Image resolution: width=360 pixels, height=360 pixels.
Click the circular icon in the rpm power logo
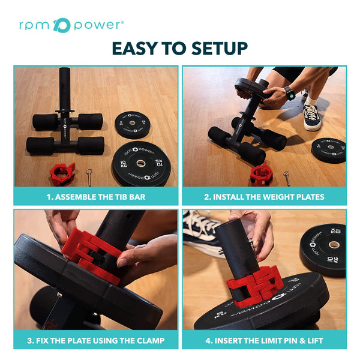[62, 25]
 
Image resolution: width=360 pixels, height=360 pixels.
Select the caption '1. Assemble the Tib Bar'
[96, 197]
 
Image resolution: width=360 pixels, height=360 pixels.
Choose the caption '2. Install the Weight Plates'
[264, 197]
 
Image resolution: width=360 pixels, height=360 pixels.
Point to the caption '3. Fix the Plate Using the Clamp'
[96, 341]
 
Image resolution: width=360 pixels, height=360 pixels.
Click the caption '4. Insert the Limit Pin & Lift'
[264, 341]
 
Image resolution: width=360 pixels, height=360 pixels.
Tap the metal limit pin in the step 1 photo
[89, 176]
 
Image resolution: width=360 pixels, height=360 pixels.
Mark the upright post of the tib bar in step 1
[65, 93]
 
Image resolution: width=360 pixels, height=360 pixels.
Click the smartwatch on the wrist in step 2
[289, 93]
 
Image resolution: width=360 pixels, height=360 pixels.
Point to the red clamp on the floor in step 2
[261, 173]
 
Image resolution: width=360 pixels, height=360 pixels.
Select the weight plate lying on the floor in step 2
[328, 149]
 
